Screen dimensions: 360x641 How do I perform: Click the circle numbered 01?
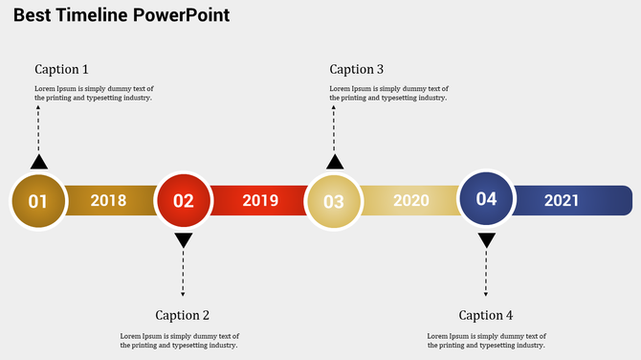click(x=38, y=201)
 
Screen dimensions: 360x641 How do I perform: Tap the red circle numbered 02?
click(x=183, y=201)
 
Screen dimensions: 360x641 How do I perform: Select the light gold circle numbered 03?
click(x=333, y=202)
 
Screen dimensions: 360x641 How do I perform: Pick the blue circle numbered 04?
click(x=486, y=198)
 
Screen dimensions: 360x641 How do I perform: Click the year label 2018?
click(x=108, y=201)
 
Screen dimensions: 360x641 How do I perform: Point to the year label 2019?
click(x=260, y=201)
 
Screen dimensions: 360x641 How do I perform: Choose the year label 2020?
click(x=411, y=201)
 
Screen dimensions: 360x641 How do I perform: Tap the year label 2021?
click(x=562, y=201)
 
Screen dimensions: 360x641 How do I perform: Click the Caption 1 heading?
click(x=61, y=69)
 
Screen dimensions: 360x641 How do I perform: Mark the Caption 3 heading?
click(x=357, y=69)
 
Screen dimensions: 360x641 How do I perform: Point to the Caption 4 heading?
click(x=486, y=315)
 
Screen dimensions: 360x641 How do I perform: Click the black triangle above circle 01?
click(x=38, y=162)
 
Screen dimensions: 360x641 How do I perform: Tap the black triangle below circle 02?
click(x=184, y=240)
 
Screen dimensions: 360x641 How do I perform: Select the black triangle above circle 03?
click(x=334, y=162)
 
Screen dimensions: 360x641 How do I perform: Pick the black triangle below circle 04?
click(x=486, y=240)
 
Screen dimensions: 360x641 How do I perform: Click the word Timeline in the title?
click(x=93, y=16)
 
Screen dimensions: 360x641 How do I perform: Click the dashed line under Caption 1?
click(x=38, y=129)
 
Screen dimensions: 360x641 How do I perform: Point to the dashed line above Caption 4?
click(x=486, y=273)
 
